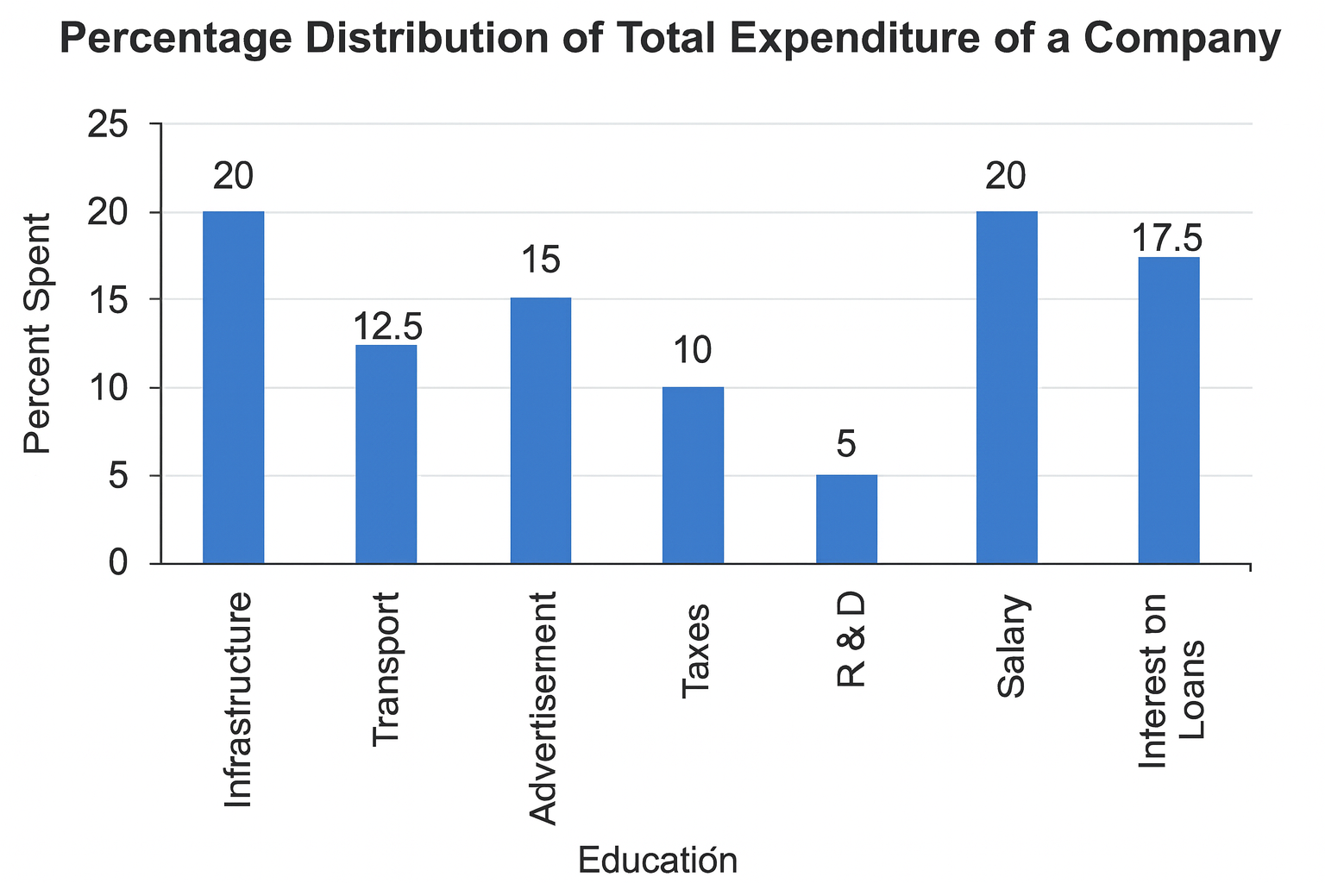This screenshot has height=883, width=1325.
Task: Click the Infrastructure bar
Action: coord(233,387)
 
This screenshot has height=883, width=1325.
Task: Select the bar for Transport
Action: coord(386,454)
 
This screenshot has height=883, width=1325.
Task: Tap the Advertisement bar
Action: coord(540,430)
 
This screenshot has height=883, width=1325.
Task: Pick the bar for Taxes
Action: coord(693,475)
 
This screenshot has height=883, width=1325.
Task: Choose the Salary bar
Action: coord(1006,387)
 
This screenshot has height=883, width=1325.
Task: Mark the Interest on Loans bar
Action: coord(1168,410)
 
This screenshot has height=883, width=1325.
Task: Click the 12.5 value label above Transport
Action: coord(386,327)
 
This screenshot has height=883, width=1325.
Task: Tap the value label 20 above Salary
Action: coord(1006,176)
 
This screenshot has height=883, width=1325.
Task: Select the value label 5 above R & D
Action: coord(846,445)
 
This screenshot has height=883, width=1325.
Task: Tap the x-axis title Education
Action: coord(657,861)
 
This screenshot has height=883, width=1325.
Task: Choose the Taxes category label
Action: coord(694,651)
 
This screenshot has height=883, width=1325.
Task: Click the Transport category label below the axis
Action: coord(386,669)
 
